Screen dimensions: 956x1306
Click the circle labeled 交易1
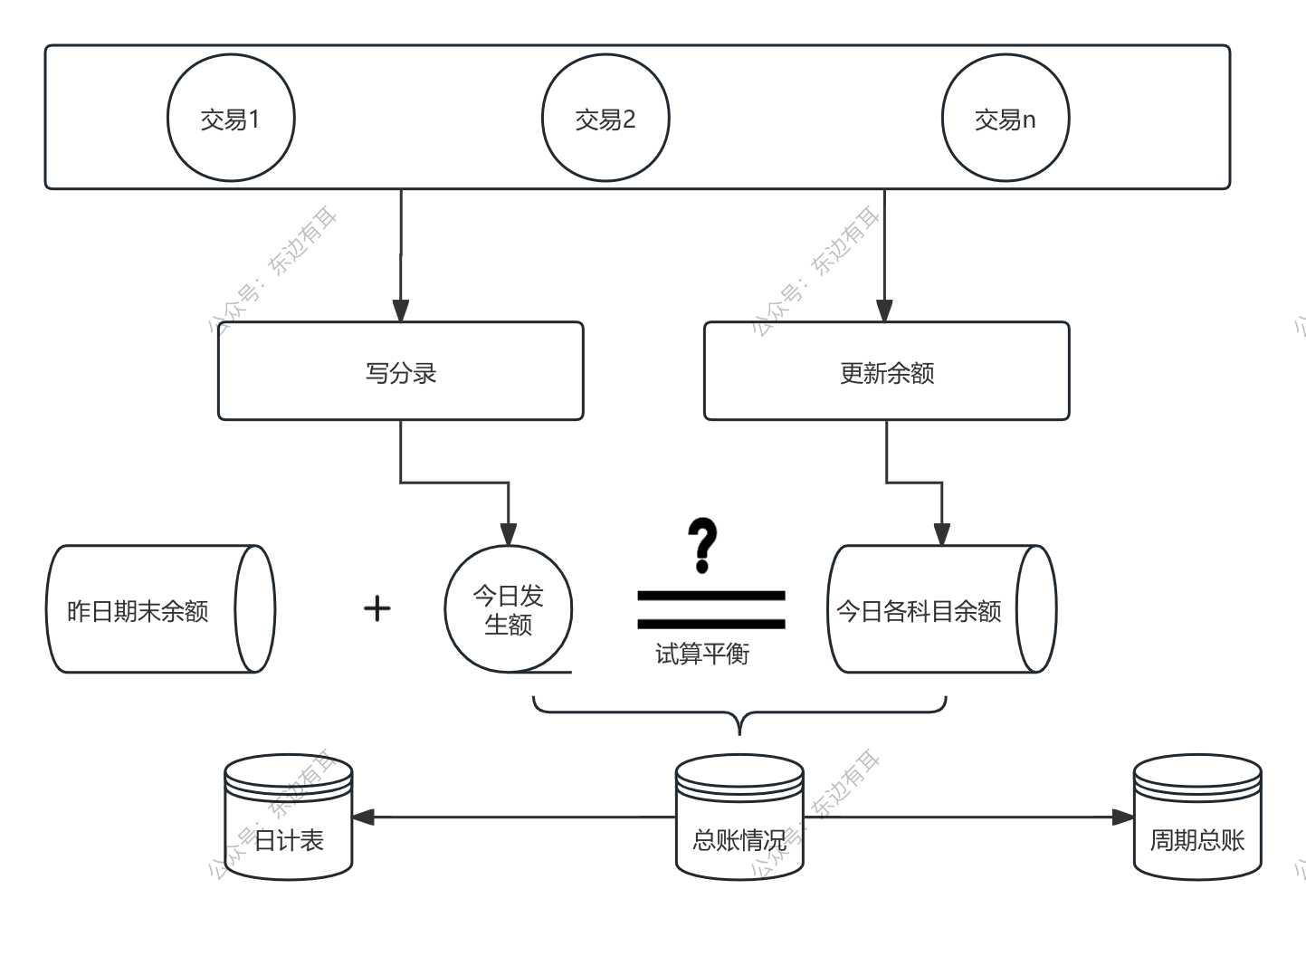coord(231,119)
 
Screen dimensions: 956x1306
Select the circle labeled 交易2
coord(605,119)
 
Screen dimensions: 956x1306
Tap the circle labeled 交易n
coord(1006,119)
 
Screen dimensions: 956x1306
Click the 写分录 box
coord(400,371)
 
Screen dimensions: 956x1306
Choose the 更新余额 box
coord(886,371)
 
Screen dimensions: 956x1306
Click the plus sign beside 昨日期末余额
coord(377,608)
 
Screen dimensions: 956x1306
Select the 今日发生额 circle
coord(509,609)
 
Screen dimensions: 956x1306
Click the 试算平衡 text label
coord(702,654)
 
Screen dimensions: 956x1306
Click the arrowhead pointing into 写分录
coord(401,311)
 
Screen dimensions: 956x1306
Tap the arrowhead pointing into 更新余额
coord(885,311)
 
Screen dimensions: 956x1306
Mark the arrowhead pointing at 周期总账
coord(1122,817)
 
